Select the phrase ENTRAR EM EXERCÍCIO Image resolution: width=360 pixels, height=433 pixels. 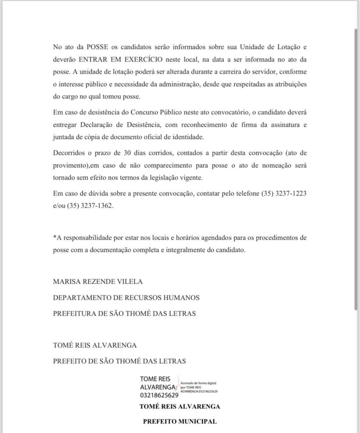(x=115, y=59)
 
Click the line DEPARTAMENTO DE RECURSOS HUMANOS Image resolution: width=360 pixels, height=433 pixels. (x=126, y=297)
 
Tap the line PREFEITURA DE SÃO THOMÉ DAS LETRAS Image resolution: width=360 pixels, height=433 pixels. (x=125, y=313)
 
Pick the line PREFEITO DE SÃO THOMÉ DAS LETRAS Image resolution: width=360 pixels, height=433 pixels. (x=119, y=361)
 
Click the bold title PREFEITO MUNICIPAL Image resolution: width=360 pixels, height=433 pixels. (x=180, y=422)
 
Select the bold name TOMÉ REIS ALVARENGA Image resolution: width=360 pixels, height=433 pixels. (x=180, y=407)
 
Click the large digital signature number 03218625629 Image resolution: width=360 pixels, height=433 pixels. (x=159, y=396)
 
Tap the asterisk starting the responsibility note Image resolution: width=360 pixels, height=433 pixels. (x=55, y=237)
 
